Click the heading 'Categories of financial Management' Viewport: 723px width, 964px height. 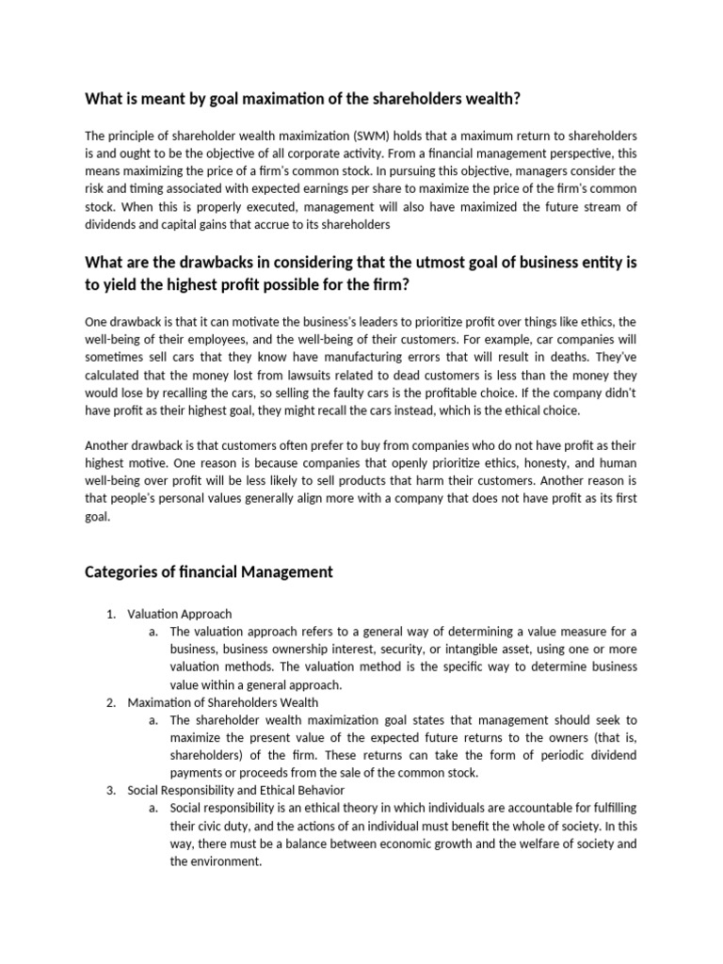(209, 570)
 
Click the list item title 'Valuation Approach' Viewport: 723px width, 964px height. (179, 615)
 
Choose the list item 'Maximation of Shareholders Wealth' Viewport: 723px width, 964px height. (222, 702)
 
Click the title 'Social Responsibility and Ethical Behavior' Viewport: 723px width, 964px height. (235, 790)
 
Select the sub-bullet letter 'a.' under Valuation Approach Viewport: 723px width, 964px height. (153, 632)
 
